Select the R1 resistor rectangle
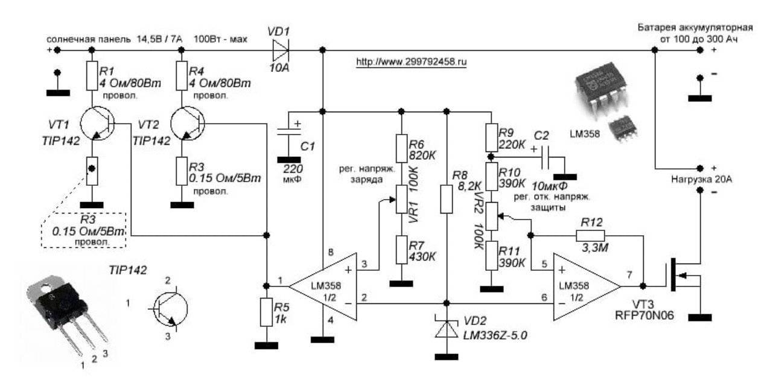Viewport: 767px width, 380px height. coord(91,75)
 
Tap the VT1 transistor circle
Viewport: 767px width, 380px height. coord(94,123)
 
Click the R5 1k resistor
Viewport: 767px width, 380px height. coord(266,312)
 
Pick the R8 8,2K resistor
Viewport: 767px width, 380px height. coord(446,198)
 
